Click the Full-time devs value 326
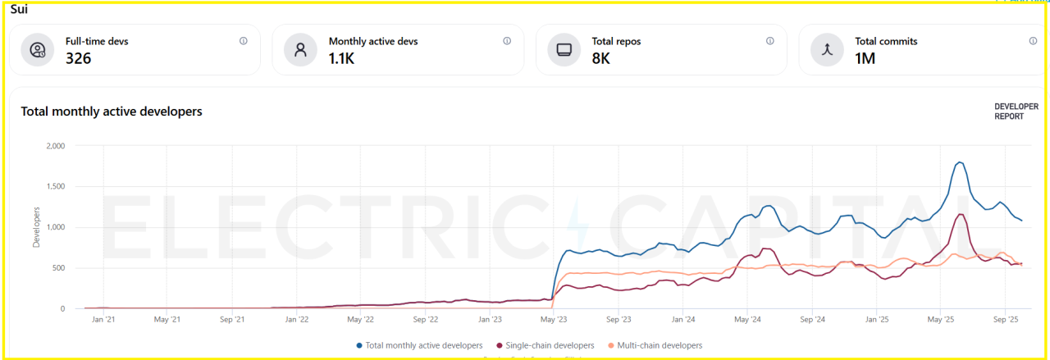(x=79, y=58)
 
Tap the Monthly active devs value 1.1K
(x=342, y=58)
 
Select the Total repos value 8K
(x=601, y=58)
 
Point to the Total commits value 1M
(x=865, y=58)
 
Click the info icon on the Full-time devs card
(x=244, y=41)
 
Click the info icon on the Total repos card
(x=769, y=41)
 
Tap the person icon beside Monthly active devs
(x=300, y=49)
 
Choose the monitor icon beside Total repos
(x=564, y=49)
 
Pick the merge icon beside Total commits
(x=827, y=49)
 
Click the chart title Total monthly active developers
(x=112, y=112)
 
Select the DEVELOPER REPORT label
(x=1016, y=112)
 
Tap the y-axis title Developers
(x=36, y=227)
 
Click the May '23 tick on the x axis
(x=554, y=319)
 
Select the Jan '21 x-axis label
(x=103, y=319)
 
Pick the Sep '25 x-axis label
(x=1005, y=319)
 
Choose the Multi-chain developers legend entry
(x=655, y=345)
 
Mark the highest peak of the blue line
(x=959, y=162)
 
